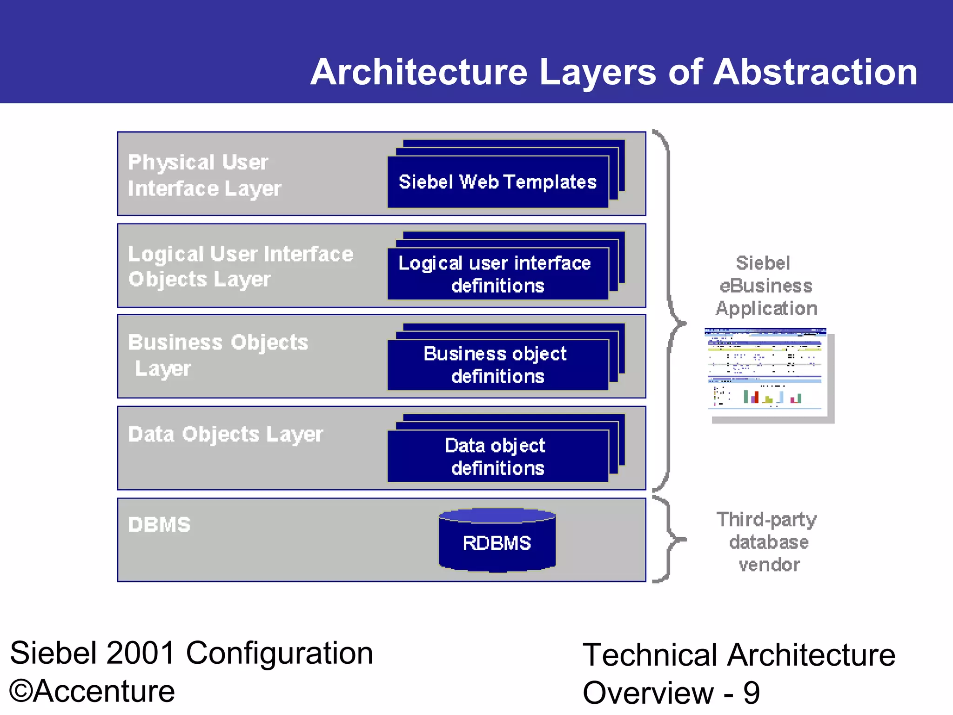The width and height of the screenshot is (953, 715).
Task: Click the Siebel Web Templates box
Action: click(497, 182)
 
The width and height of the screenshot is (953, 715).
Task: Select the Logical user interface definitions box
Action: click(497, 274)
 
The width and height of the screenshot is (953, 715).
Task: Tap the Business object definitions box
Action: click(497, 364)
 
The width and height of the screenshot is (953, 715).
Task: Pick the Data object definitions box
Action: click(497, 456)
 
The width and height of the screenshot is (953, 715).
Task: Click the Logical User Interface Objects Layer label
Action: click(240, 267)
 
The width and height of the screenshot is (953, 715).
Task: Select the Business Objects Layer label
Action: click(218, 355)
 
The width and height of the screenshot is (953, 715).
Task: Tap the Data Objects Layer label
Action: click(225, 434)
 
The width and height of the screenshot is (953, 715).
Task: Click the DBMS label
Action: click(159, 525)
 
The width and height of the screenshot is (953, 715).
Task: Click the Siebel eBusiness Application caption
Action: click(766, 286)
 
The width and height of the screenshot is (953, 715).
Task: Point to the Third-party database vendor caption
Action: click(768, 542)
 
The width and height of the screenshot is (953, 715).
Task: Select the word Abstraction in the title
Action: click(815, 72)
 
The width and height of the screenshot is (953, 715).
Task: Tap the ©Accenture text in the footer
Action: click(92, 691)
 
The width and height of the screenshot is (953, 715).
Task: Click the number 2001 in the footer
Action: click(141, 653)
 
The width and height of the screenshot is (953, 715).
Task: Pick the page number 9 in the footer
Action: click(751, 693)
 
